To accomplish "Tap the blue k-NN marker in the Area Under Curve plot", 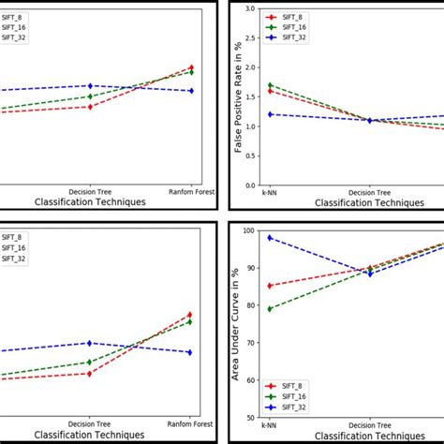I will click(270, 238).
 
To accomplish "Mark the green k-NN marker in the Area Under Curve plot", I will click(270, 309).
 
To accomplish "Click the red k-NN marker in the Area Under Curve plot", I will click(270, 286).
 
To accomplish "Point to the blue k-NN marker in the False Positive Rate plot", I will click(270, 114).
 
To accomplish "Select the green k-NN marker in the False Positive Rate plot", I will click(270, 85).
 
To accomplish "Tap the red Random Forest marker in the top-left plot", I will click(191, 67).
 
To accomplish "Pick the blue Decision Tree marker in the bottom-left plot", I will click(90, 343).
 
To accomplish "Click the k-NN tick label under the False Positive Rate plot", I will click(270, 192).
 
